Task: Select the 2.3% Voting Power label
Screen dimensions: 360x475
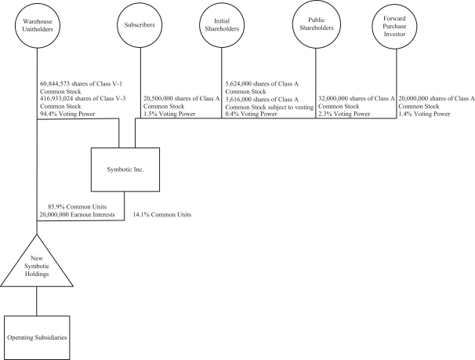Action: click(343, 113)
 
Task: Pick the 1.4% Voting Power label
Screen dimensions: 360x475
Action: click(424, 113)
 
